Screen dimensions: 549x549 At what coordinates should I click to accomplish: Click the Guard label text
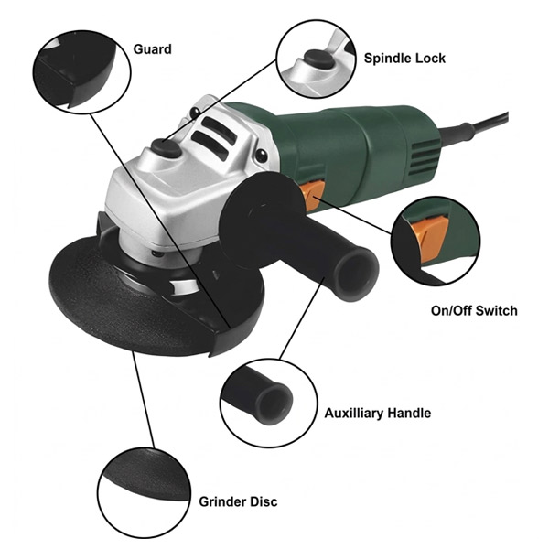[152, 49]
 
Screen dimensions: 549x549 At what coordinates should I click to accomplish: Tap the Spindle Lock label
[404, 59]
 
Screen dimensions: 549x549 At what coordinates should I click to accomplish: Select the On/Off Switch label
[474, 310]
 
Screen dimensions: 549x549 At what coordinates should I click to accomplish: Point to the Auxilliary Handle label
[377, 414]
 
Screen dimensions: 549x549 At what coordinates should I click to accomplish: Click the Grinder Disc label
[238, 501]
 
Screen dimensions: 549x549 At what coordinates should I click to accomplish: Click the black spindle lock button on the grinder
[166, 147]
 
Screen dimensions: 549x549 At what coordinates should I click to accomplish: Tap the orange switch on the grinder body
[311, 196]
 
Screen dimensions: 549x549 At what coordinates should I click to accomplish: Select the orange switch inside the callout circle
[429, 240]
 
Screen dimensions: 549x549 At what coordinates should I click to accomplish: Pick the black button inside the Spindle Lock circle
[318, 59]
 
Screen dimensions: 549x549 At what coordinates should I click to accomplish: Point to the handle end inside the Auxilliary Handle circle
[274, 404]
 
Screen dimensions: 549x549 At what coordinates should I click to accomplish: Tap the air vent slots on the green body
[425, 156]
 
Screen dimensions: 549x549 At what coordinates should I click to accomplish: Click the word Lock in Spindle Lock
[430, 59]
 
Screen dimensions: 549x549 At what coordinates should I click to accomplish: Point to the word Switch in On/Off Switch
[497, 310]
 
